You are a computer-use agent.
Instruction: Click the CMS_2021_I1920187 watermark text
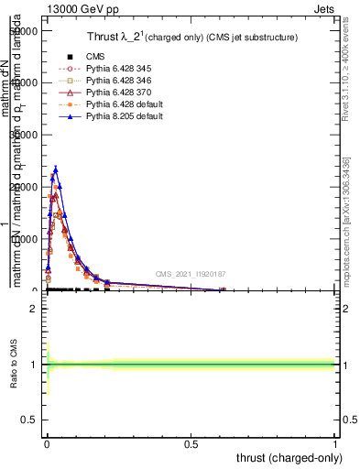pos(191,273)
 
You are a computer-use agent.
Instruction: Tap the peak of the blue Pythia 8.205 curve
pos(55,169)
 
